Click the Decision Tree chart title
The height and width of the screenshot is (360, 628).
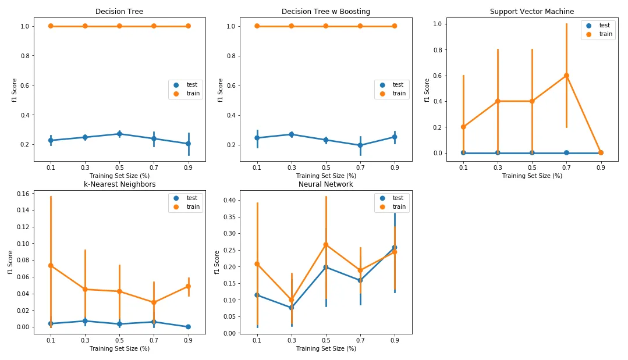pyautogui.click(x=119, y=12)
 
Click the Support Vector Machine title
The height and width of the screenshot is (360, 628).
pyautogui.click(x=531, y=12)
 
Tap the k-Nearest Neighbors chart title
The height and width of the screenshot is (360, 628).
pyautogui.click(x=119, y=184)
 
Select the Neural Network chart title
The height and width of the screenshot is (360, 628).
pyautogui.click(x=325, y=184)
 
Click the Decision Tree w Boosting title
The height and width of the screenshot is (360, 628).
pyautogui.click(x=325, y=12)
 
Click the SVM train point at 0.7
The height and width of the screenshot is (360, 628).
pyautogui.click(x=566, y=76)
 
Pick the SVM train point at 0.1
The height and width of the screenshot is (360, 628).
pyautogui.click(x=463, y=127)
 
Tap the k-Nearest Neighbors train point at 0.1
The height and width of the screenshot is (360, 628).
pyautogui.click(x=51, y=265)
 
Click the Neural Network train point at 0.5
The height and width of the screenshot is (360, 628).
pyautogui.click(x=326, y=245)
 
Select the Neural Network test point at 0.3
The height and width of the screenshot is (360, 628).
pyautogui.click(x=292, y=308)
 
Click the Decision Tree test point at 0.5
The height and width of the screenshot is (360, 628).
pyautogui.click(x=119, y=134)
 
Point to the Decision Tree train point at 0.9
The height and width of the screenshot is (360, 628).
pyautogui.click(x=188, y=26)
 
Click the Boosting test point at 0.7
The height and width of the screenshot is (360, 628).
pyautogui.click(x=360, y=145)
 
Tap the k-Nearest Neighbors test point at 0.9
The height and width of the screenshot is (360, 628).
pyautogui.click(x=188, y=327)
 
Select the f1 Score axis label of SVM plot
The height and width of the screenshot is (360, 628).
pyautogui.click(x=427, y=90)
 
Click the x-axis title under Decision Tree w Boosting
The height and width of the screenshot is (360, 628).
pyautogui.click(x=325, y=176)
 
